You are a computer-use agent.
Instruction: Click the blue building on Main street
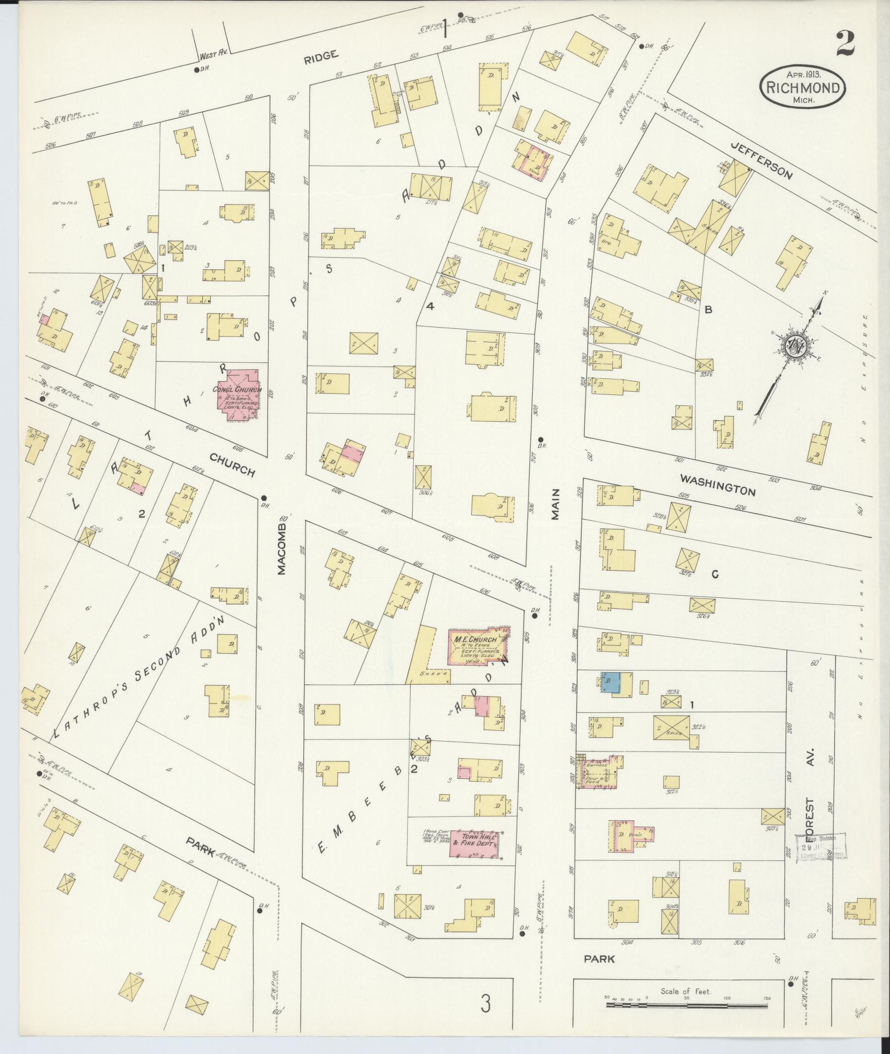pos(610,682)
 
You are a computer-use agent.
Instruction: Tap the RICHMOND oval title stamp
pos(802,86)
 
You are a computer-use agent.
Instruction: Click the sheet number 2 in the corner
pos(845,43)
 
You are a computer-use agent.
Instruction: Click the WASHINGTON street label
pos(717,485)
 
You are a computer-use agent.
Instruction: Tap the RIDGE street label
pos(323,54)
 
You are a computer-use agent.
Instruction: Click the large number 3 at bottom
pos(485,1003)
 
